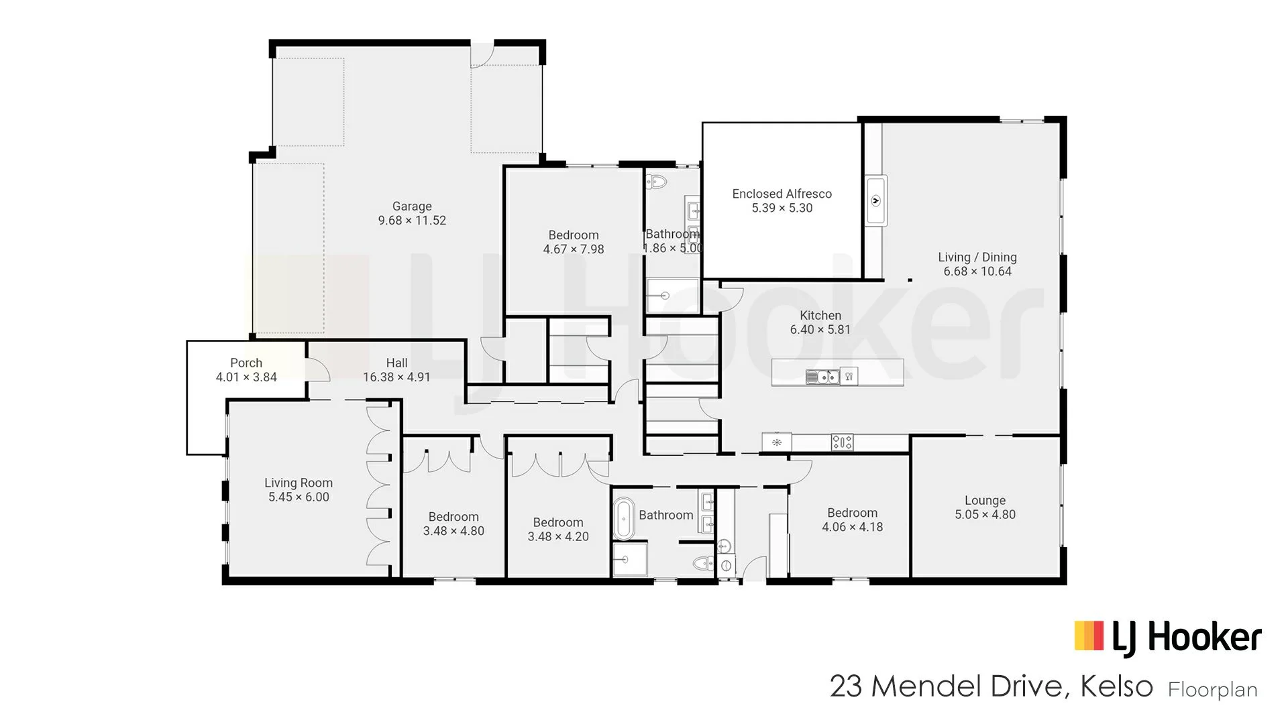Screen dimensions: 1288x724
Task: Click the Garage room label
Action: (412, 206)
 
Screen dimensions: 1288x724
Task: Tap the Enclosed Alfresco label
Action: (782, 194)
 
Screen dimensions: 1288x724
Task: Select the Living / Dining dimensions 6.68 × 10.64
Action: (977, 271)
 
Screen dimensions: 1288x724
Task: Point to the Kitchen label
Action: (820, 315)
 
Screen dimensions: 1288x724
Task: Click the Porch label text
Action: (246, 363)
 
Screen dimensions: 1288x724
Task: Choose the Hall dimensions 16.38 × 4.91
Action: (396, 377)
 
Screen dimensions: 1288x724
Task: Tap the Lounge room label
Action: (985, 501)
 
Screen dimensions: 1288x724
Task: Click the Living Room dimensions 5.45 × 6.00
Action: (299, 497)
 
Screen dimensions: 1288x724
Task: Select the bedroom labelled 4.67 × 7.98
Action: (574, 242)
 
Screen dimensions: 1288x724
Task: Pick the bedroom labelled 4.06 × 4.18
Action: (853, 520)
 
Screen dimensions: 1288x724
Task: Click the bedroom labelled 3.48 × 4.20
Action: (558, 530)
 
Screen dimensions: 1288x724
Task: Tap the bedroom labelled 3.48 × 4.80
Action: (453, 524)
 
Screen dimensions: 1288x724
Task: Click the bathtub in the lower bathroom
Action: (624, 518)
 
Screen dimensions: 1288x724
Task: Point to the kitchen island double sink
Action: (822, 377)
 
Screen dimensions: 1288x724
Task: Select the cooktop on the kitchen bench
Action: (843, 442)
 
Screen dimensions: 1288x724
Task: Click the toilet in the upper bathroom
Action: (656, 182)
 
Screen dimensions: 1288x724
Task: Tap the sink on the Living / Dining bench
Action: (875, 200)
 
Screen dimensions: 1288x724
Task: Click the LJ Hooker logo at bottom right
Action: (1168, 638)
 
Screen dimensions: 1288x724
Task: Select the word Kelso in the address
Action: (1116, 686)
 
